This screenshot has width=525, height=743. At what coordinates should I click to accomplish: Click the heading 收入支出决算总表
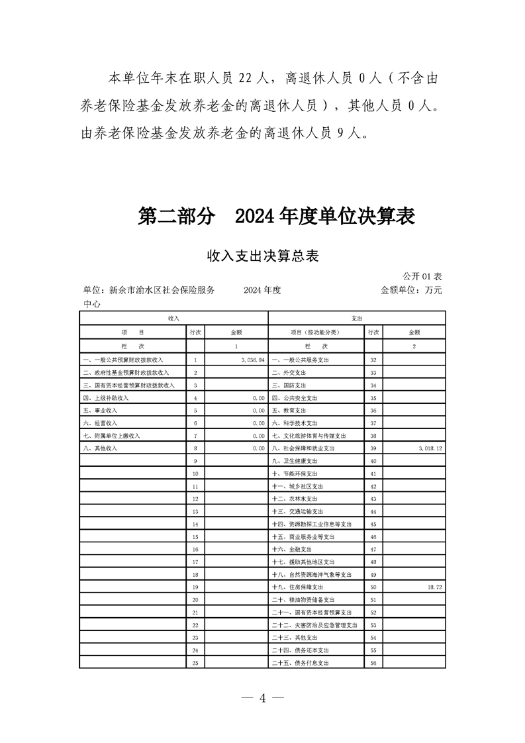click(x=263, y=256)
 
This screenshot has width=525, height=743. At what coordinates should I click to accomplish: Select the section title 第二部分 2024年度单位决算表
click(x=276, y=216)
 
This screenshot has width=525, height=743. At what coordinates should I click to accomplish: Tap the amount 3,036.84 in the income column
click(x=249, y=360)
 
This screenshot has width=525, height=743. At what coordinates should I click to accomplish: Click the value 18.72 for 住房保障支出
click(x=433, y=587)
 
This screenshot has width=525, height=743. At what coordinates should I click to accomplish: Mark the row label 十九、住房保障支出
click(x=298, y=587)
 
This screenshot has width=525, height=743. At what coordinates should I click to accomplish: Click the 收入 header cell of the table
click(x=173, y=319)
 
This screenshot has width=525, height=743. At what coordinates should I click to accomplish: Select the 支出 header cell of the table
click(x=357, y=319)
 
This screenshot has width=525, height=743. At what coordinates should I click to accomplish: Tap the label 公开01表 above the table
click(x=422, y=275)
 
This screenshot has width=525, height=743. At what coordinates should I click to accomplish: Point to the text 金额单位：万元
click(x=411, y=290)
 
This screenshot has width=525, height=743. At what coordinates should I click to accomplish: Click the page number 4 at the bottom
click(x=262, y=699)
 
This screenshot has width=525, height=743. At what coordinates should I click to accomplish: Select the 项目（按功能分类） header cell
click(x=314, y=332)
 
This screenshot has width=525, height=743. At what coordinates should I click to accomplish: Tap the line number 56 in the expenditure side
click(x=373, y=663)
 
